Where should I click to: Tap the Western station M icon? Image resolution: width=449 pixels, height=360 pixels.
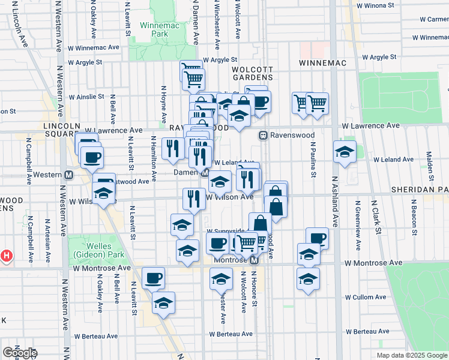point(69,175)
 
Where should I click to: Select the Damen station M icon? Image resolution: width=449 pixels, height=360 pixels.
point(205,173)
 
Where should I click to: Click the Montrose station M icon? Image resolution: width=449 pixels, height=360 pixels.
point(254,261)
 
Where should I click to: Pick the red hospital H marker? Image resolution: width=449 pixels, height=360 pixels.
point(7,256)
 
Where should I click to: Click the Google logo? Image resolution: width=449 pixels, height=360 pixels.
point(20,353)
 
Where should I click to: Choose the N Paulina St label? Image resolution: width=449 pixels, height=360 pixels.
point(313,160)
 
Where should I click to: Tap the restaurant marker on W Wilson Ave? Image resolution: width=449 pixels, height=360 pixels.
point(193,198)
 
